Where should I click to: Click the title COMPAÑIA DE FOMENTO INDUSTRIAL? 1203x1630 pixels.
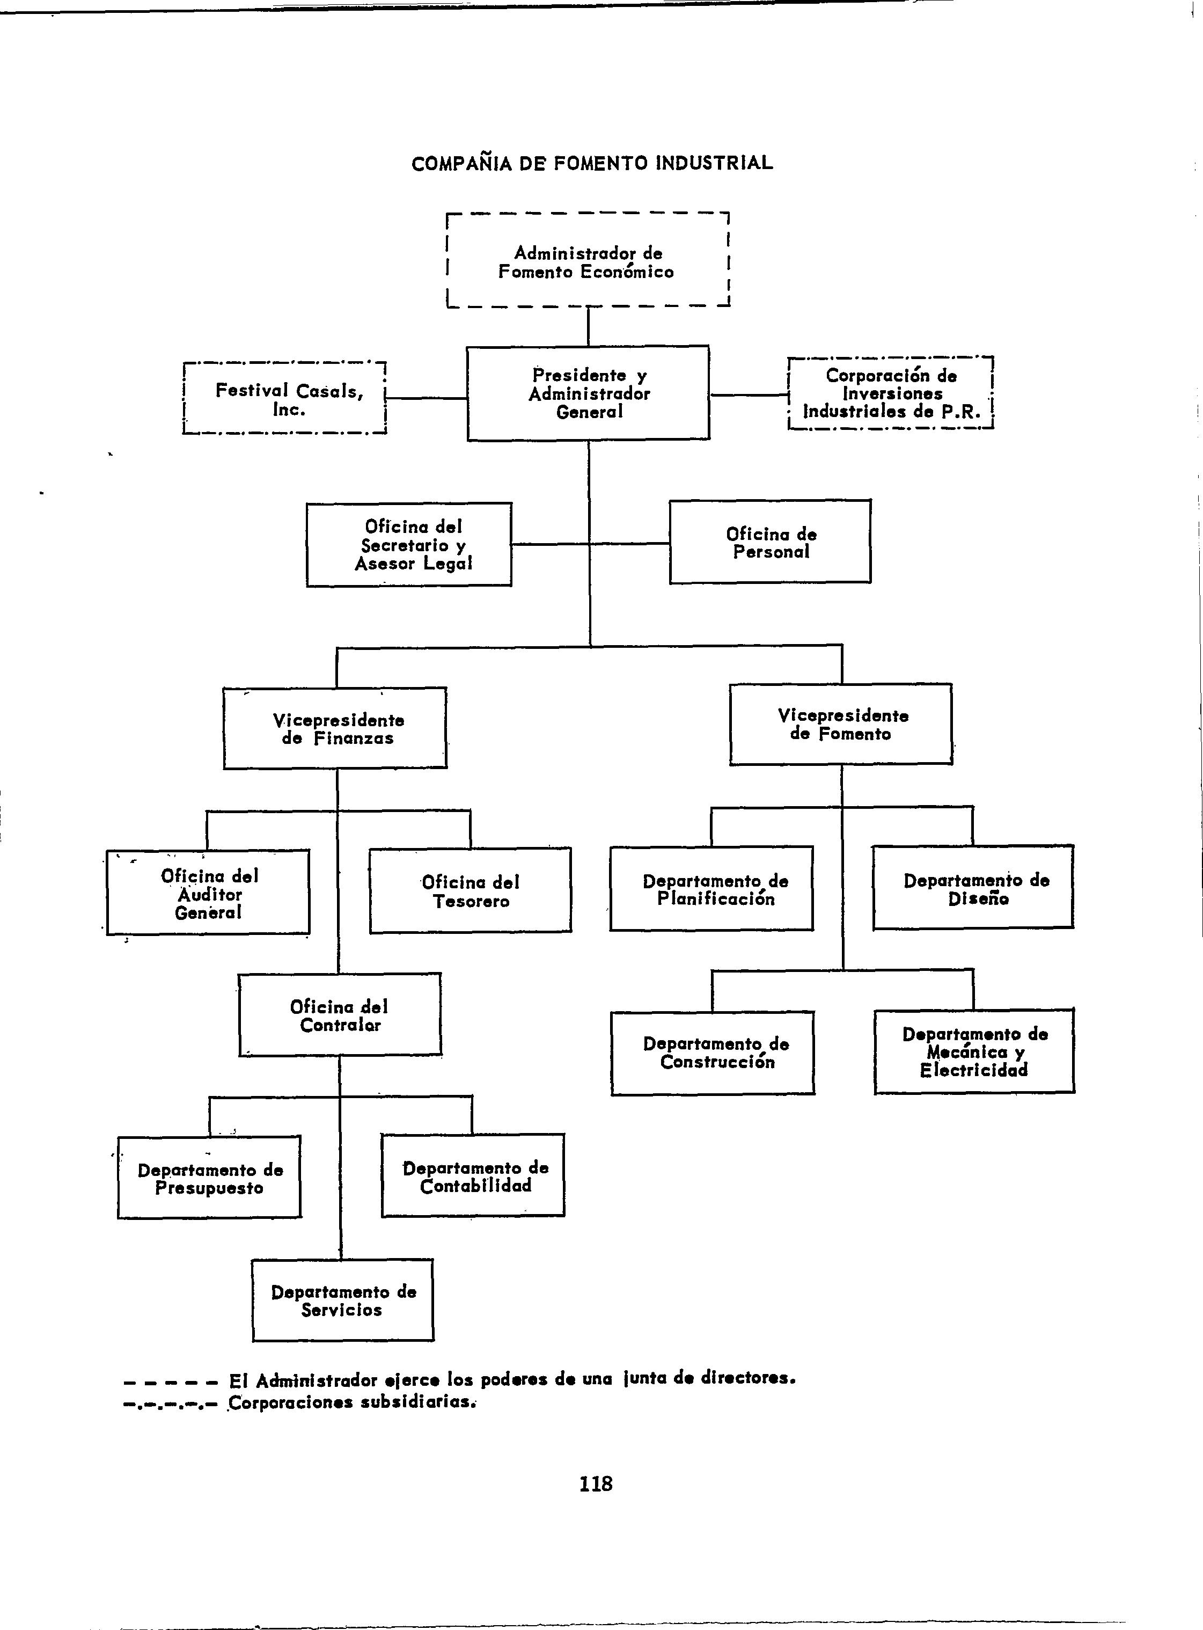[x=592, y=163]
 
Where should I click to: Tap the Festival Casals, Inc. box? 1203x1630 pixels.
[x=285, y=399]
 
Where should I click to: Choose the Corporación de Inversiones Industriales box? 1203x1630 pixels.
[x=891, y=394]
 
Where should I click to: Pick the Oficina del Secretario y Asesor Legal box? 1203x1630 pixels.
[x=409, y=545]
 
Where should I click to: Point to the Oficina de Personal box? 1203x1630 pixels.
[x=769, y=542]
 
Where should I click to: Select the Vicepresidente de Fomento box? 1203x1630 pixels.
[x=841, y=724]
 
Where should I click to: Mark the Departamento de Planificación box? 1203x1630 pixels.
[x=712, y=889]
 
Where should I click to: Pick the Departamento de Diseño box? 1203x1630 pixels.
[x=973, y=888]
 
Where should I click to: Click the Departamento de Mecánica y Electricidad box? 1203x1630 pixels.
[x=974, y=1052]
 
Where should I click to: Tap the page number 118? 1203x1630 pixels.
[x=596, y=1483]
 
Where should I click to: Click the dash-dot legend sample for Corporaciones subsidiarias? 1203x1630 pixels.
[x=171, y=1404]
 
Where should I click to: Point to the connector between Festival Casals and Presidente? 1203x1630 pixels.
[x=426, y=398]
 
